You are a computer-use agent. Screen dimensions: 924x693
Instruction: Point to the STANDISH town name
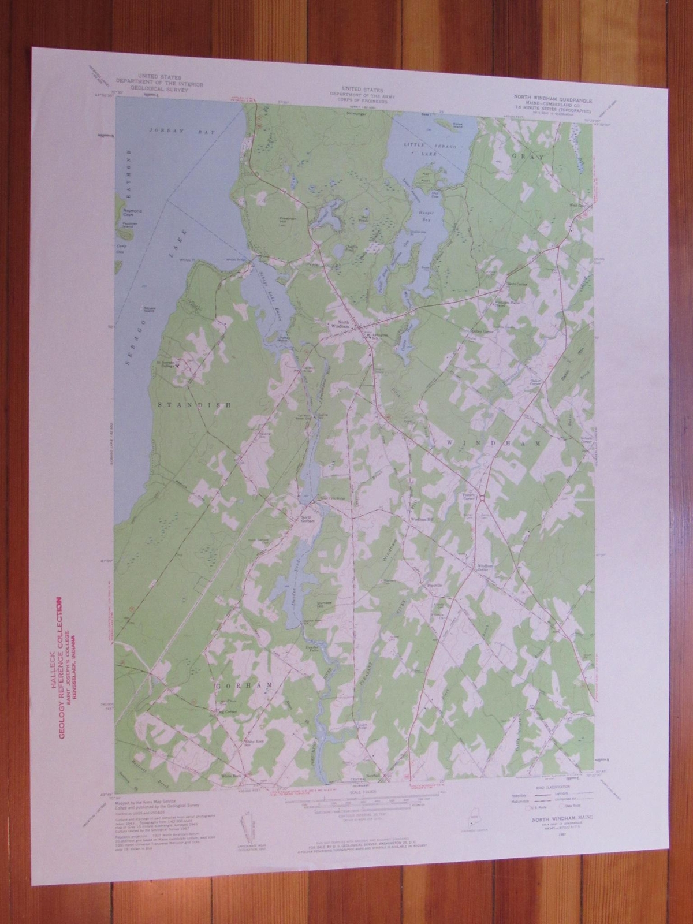pyautogui.click(x=194, y=405)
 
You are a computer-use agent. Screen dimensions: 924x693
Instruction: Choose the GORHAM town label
pyautogui.click(x=243, y=685)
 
